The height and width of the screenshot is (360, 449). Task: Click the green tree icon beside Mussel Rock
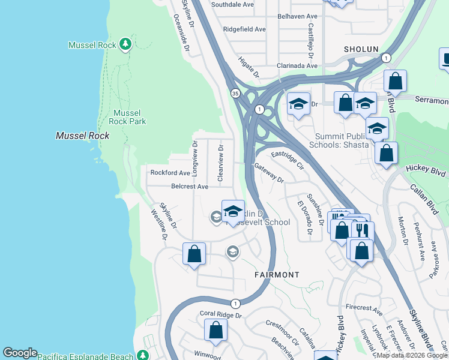click(125, 44)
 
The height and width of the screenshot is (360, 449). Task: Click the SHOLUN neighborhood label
click(361, 49)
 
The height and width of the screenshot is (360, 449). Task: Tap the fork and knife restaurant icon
click(363, 230)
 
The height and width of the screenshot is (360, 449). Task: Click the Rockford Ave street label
click(170, 173)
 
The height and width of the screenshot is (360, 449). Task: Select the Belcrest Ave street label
click(190, 187)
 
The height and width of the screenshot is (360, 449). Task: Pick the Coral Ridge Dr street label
click(220, 314)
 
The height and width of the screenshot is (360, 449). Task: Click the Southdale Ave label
click(232, 4)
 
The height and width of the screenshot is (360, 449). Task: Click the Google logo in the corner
click(20, 353)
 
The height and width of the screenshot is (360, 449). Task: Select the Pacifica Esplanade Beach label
click(85, 356)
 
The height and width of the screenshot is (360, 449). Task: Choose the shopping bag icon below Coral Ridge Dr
click(215, 329)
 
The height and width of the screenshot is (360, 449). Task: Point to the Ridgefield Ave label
click(244, 29)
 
